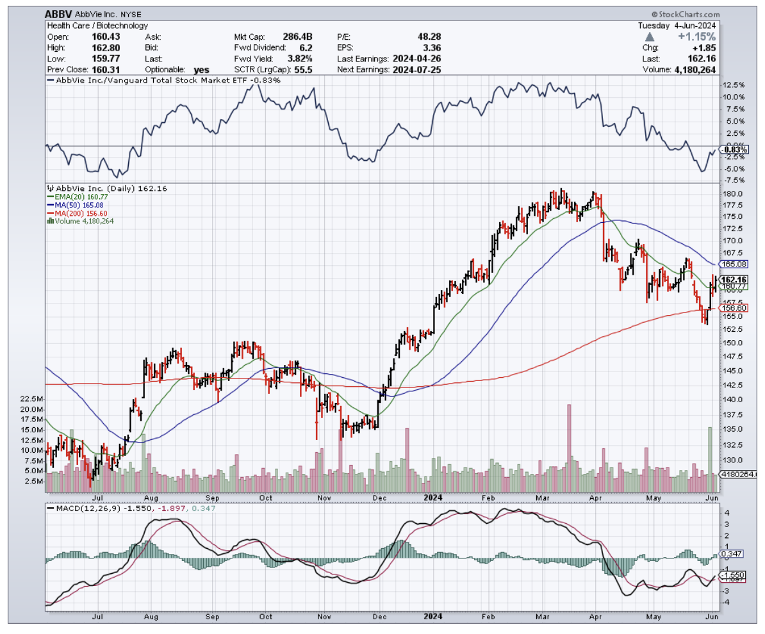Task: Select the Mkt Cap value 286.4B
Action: click(x=299, y=37)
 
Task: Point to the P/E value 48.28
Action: click(x=428, y=37)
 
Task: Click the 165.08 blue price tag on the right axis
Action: click(x=735, y=264)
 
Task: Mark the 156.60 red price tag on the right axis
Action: click(x=735, y=308)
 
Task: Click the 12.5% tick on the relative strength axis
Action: click(x=734, y=85)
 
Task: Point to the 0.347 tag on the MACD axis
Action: click(x=731, y=553)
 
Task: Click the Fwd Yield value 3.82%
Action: click(x=300, y=58)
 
